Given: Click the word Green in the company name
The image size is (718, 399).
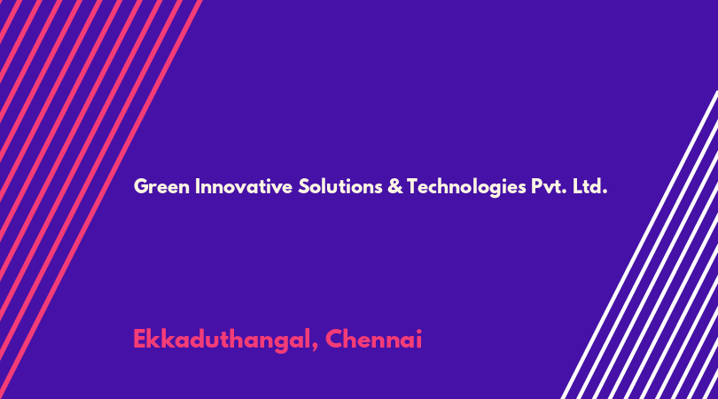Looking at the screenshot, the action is (x=161, y=187).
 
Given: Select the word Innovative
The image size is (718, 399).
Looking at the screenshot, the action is (x=244, y=187).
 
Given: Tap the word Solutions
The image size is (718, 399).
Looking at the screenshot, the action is (x=340, y=187).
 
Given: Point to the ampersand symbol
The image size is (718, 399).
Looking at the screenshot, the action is (x=394, y=187).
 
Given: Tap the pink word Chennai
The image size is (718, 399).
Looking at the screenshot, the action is (x=374, y=340).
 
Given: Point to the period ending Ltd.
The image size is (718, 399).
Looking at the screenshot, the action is (x=605, y=192).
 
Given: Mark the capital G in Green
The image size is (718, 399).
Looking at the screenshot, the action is (x=142, y=187).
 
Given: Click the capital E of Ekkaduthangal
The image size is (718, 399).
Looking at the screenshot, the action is (x=140, y=340).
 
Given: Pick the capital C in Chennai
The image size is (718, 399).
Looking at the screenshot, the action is (x=335, y=340).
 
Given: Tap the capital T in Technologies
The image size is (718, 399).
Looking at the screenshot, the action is (x=413, y=187).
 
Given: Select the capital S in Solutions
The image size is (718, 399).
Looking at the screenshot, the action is (x=303, y=187).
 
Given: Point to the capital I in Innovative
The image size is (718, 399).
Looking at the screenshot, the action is (x=198, y=187).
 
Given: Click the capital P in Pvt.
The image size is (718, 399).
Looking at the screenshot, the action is (x=536, y=187).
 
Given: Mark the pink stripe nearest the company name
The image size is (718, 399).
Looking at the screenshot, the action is (x=100, y=199).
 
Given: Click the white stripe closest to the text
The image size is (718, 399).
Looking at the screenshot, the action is (x=639, y=245).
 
